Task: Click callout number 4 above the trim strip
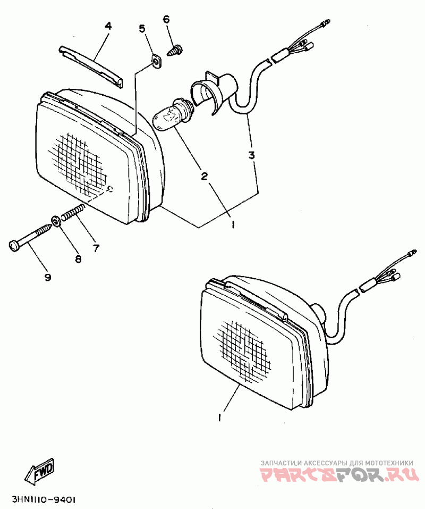[108, 26]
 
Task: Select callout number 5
[142, 28]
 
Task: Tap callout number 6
[166, 19]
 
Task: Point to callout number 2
[203, 176]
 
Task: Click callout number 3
[252, 155]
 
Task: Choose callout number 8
[78, 259]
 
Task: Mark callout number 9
[47, 277]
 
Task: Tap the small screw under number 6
[174, 51]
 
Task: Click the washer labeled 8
[55, 221]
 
